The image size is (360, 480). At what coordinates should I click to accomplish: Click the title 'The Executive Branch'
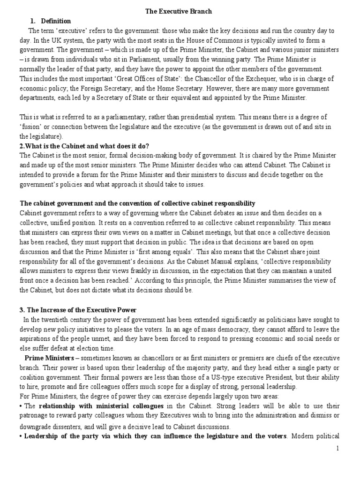coord(180,12)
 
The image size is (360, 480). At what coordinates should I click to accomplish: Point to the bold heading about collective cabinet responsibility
coord(137,203)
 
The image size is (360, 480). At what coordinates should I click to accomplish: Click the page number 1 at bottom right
coord(350,449)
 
